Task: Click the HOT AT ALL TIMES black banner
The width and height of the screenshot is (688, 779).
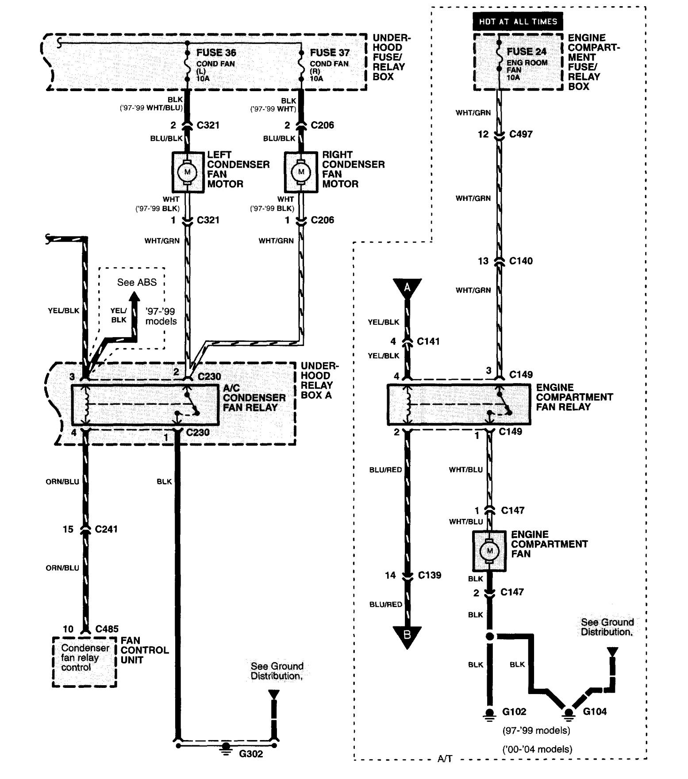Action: pos(518,21)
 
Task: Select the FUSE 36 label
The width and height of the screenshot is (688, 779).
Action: pos(216,53)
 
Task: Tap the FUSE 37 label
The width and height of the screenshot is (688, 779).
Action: pos(330,53)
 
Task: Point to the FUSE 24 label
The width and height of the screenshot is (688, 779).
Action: pos(527,52)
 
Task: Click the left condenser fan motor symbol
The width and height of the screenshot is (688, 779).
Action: pos(187,172)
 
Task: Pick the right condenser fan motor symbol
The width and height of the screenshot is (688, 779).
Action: pos(301,172)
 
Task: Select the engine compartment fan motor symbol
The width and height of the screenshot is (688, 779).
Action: pos(489,551)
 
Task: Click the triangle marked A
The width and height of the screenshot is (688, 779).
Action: pos(407,288)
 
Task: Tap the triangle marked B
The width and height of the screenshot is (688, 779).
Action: pos(407,636)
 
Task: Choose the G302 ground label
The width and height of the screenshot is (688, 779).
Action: pos(251,754)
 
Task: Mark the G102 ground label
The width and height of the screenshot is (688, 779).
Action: pos(515,712)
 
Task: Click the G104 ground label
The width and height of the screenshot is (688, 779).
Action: pos(595,712)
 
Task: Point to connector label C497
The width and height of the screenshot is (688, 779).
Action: pos(521,134)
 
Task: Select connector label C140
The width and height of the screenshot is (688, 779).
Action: pos(521,261)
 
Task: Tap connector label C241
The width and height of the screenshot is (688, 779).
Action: pos(106,529)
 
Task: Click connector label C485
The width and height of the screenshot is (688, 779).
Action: pos(107,629)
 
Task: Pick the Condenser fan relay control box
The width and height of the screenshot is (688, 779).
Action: pos(84,661)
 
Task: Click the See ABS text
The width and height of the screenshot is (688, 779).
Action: pos(137,282)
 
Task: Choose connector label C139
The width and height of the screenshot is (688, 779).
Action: pos(429,576)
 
